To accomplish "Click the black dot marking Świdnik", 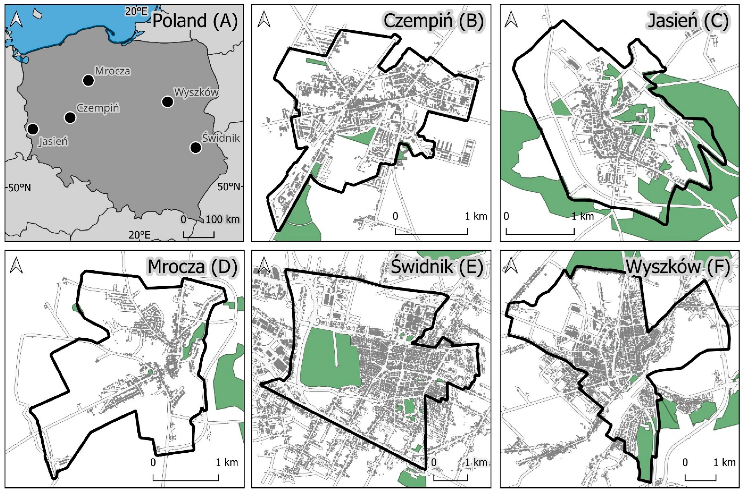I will [x=196, y=148].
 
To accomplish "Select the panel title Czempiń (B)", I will [x=433, y=21].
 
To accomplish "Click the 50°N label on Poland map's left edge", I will [x=20, y=188].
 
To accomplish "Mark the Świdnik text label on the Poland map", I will [x=220, y=138].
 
